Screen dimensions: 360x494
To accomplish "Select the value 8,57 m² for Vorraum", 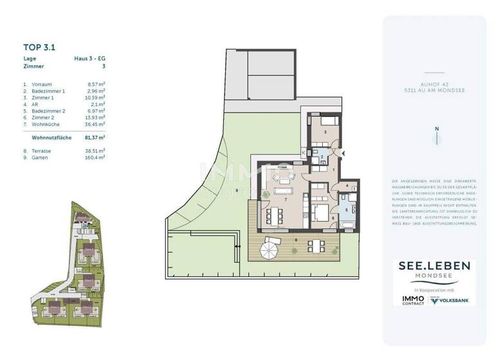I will (96, 84).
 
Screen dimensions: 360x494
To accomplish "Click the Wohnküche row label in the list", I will (46, 125).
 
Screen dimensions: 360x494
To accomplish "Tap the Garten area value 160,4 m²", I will (96, 157).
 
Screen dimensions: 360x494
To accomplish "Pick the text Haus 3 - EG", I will (90, 59).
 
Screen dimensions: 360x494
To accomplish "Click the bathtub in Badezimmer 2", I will (348, 225).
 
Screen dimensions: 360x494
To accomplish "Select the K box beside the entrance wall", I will (303, 152).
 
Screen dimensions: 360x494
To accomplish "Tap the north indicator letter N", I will (436, 129).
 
